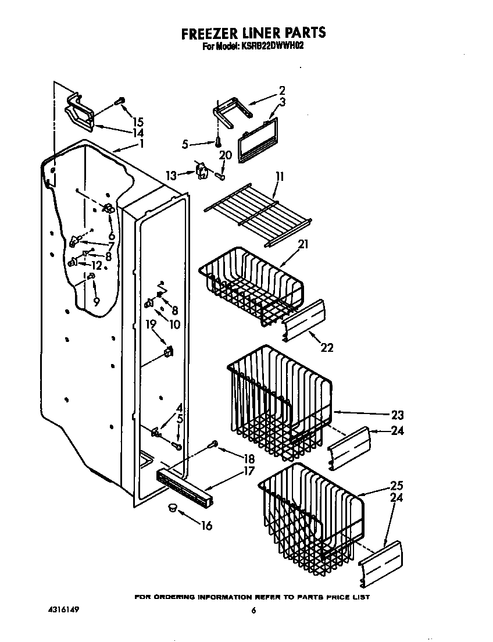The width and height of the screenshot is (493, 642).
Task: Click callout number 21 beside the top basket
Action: [302, 244]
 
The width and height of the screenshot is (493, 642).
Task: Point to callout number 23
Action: [397, 415]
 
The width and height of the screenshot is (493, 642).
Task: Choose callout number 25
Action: [396, 486]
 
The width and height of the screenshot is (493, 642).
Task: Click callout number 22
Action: [327, 347]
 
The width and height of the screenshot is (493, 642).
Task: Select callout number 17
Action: [248, 471]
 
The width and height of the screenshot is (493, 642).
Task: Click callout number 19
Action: [151, 325]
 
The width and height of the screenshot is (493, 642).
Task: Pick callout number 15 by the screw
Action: [138, 122]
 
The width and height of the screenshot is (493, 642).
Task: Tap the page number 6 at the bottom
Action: [253, 611]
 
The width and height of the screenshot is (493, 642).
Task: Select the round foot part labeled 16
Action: [172, 509]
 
